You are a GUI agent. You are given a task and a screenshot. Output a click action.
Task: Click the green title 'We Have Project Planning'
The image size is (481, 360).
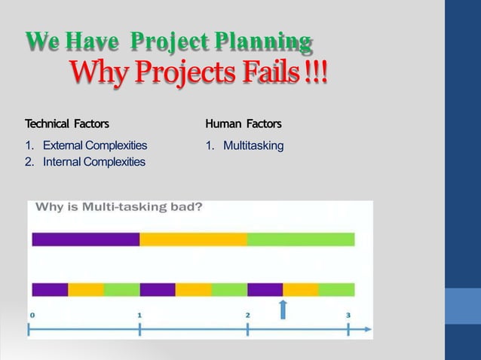click(169, 42)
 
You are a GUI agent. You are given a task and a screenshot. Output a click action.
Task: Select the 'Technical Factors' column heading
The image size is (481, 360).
click(66, 123)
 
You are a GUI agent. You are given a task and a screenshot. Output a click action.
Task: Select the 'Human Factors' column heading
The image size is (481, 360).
click(243, 123)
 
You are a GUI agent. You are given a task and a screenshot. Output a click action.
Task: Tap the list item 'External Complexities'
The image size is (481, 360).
click(94, 145)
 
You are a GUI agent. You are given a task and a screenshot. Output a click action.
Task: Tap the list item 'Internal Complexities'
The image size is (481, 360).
click(93, 161)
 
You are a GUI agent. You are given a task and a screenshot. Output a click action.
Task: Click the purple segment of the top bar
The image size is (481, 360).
click(85, 239)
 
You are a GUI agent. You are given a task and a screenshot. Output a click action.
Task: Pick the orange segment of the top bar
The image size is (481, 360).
click(193, 239)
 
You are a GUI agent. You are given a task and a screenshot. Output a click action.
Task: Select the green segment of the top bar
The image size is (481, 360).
click(301, 239)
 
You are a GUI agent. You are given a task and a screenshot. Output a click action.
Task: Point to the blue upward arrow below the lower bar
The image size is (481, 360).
click(283, 308)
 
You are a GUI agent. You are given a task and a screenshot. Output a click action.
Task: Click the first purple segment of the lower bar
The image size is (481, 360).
click(50, 289)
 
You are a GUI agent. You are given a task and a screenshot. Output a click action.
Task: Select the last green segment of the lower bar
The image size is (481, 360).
click(336, 289)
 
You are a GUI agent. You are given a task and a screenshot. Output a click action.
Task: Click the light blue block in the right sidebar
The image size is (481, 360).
click(463, 305)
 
